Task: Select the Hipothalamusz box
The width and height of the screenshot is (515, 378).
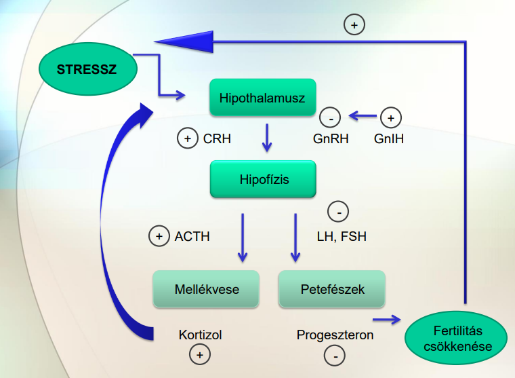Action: pos(262,98)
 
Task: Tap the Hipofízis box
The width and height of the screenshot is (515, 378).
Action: pos(263,180)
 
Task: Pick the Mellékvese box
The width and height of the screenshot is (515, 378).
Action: pos(206,289)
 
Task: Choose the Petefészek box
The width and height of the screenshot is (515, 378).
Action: pos(332,289)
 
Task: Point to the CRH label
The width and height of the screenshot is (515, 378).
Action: pos(217,139)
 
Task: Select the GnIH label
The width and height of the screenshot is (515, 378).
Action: pos(390,139)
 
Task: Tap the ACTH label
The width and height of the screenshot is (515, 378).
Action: pos(192,237)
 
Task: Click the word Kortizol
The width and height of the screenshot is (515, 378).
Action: pos(200,335)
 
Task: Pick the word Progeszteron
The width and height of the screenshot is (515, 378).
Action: pos(335,335)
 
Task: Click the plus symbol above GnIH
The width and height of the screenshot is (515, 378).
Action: pos(390,117)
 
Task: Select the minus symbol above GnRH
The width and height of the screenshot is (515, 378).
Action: pos(329,117)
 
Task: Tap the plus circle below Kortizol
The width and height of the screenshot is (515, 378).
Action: pos(200,354)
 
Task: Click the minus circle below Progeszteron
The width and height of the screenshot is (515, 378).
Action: pos(335,354)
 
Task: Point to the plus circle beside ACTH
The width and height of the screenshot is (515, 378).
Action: pos(159,237)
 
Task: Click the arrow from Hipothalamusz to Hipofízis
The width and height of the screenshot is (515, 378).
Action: pos(267,138)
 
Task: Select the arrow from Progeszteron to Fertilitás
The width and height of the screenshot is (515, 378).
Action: pos(386,318)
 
